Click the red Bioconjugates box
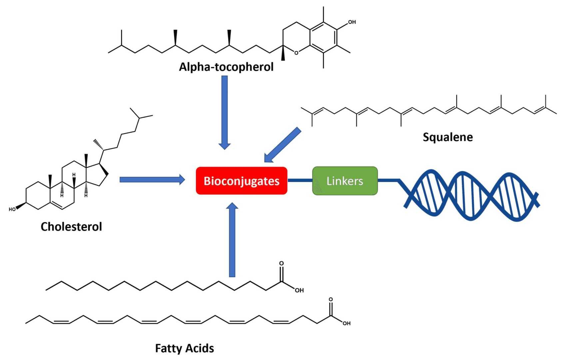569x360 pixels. [x=242, y=181]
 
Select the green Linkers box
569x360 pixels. [x=345, y=181]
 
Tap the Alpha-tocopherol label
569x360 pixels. [x=226, y=67]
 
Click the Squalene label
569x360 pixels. [x=447, y=137]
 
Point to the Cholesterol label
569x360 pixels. [x=71, y=227]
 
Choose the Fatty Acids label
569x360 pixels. [x=184, y=348]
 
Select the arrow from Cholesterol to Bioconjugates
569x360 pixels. [x=152, y=180]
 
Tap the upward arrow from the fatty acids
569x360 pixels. [x=232, y=240]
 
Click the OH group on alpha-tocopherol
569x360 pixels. [x=352, y=22]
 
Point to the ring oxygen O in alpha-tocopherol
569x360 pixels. [x=296, y=53]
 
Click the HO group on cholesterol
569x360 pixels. [x=12, y=209]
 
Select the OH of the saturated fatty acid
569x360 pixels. [x=299, y=290]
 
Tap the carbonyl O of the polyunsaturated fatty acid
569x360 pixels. [x=330, y=299]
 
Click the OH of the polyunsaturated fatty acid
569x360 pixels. [x=346, y=323]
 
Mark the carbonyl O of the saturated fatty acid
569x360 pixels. [x=282, y=263]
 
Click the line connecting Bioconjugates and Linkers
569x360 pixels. [x=299, y=180]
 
